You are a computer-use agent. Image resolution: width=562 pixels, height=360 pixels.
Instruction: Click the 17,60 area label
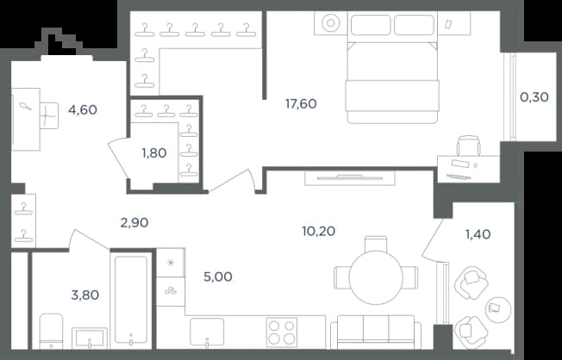tap(301, 104)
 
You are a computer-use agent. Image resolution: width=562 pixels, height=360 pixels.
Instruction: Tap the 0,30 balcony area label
tap(534, 97)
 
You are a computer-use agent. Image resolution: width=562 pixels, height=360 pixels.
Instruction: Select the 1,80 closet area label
tap(154, 153)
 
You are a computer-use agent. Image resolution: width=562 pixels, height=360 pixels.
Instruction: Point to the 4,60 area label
tap(83, 109)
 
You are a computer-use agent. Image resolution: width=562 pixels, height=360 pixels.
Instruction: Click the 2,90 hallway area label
tap(134, 223)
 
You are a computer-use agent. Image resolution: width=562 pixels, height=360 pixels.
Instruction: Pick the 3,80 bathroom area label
tap(85, 295)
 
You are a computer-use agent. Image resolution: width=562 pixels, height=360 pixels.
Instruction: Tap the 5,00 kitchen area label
tap(217, 277)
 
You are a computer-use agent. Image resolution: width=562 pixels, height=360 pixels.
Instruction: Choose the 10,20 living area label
tap(319, 231)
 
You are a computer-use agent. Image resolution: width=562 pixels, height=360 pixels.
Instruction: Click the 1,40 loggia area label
tap(478, 234)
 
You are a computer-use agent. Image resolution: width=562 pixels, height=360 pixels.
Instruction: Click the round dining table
tap(376, 278)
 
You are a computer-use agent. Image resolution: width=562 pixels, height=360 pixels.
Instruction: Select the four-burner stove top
tap(282, 332)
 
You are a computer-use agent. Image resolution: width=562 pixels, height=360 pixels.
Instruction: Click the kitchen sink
tap(207, 332)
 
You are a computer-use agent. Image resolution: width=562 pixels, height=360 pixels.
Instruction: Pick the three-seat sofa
tap(376, 332)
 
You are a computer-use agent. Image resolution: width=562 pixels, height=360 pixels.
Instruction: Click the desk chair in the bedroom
tap(468, 146)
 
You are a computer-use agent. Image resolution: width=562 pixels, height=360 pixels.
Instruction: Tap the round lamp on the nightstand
tap(330, 23)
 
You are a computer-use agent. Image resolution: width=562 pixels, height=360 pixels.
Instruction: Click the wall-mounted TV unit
tap(349, 178)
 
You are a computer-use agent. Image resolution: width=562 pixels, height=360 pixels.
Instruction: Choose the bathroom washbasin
tap(90, 338)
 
